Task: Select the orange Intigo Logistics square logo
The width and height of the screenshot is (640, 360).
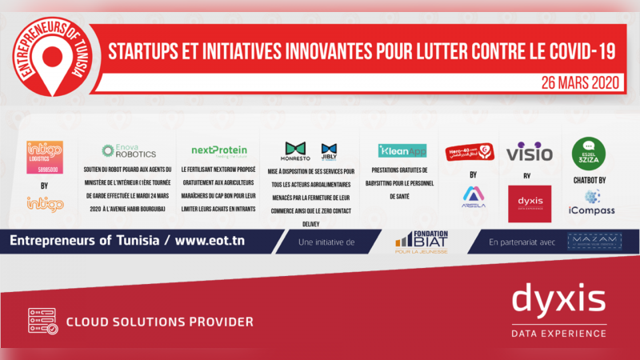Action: tap(45, 154)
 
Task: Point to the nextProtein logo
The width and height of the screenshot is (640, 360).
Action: tap(218, 150)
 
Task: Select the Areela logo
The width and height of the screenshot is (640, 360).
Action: tap(474, 197)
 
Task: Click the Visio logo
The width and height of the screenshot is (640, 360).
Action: tap(529, 151)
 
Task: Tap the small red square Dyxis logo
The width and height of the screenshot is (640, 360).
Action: tap(529, 203)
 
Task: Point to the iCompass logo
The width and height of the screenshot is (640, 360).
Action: tap(592, 204)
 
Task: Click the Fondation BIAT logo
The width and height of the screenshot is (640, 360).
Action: tap(421, 241)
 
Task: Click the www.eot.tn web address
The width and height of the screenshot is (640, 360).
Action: tap(217, 240)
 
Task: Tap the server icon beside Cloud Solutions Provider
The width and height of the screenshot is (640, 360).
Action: tap(42, 321)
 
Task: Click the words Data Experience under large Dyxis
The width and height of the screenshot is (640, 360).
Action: tap(558, 332)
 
